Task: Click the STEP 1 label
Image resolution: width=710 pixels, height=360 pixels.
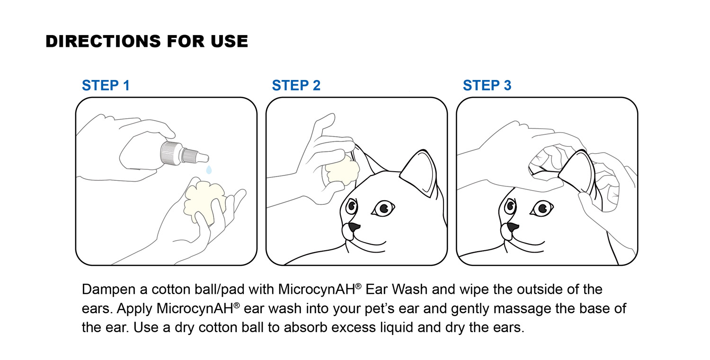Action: coord(106,86)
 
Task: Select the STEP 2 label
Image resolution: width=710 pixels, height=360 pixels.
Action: coord(296,86)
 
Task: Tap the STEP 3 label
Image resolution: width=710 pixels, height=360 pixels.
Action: coord(487,86)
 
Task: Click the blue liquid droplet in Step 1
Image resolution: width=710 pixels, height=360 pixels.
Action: coord(209,169)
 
